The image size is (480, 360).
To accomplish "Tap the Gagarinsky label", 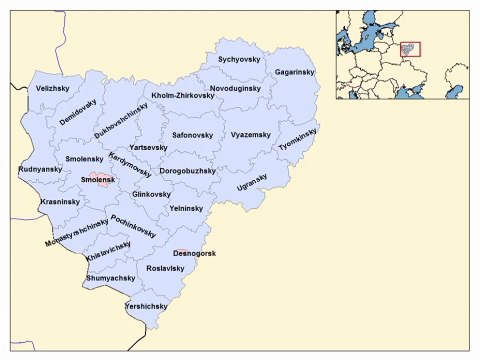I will [x=295, y=73].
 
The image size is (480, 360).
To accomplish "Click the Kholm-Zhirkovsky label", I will [x=183, y=96].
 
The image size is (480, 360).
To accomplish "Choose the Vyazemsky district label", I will [x=250, y=133].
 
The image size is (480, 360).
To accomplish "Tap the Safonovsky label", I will [x=192, y=133].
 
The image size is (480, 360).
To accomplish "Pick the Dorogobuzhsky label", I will [x=188, y=170].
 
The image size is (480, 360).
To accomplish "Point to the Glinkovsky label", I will [x=152, y=193].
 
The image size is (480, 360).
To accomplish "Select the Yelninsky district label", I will [x=188, y=208].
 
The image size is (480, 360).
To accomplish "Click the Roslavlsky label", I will [x=166, y=268].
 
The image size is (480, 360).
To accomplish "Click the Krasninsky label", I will [x=60, y=202].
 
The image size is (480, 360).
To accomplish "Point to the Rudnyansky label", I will [x=41, y=170].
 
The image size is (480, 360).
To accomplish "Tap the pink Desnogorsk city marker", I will [x=180, y=252].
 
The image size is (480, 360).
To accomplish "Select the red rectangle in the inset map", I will [x=411, y=47].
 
